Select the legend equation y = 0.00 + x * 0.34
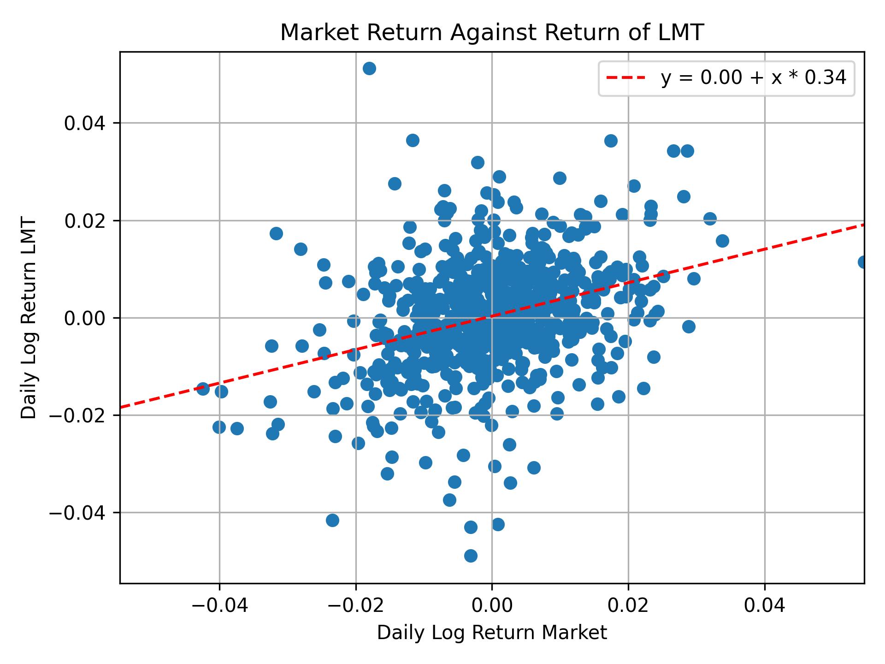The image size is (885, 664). (x=753, y=78)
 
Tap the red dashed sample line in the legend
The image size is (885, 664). (x=625, y=78)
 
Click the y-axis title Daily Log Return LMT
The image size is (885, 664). (x=29, y=318)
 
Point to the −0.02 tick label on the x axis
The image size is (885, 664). (x=355, y=606)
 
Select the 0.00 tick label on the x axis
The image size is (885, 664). (x=492, y=606)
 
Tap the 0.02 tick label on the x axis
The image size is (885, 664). (x=628, y=606)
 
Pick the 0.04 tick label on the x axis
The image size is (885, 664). (x=765, y=606)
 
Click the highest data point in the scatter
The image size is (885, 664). (x=369, y=69)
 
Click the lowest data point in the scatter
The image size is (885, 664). (x=471, y=556)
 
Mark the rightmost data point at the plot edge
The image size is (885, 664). (x=863, y=262)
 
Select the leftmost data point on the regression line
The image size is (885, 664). (x=203, y=388)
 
